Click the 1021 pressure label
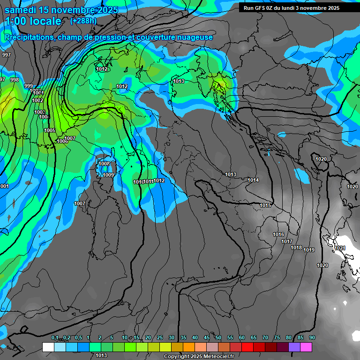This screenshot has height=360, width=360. point(340,248)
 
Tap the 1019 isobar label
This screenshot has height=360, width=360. point(309,250)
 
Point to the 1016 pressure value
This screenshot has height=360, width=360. point(279,234)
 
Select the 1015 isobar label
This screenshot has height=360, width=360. point(265,205)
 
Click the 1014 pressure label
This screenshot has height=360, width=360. point(254,180)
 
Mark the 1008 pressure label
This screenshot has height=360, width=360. point(104,164)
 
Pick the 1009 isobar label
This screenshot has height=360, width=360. point(108,175)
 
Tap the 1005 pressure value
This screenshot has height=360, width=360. point(50,130)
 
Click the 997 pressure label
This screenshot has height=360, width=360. point(7,55)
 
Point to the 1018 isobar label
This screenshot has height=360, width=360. point(296,247)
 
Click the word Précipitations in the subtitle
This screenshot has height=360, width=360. point(29,37)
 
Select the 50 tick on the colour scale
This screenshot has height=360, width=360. point(218,338)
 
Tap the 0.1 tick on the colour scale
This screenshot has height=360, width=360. point(54,338)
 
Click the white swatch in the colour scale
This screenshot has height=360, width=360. point(48,347)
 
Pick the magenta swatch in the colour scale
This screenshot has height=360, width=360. point(306,347)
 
